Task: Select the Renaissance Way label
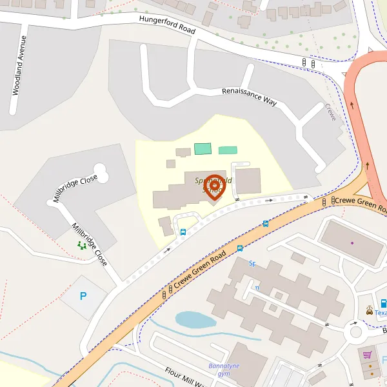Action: click(x=249, y=97)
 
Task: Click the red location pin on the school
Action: click(x=214, y=185)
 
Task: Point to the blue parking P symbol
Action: click(x=83, y=296)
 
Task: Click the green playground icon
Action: click(x=82, y=245)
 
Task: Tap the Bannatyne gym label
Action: click(x=224, y=370)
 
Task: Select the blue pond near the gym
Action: click(x=195, y=319)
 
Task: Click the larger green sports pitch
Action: click(x=203, y=148)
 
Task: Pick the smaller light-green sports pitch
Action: click(x=228, y=150)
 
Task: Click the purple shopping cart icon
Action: click(x=367, y=354)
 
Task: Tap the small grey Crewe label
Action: click(x=331, y=112)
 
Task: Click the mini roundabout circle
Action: click(x=354, y=333)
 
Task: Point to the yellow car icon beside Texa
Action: click(x=369, y=312)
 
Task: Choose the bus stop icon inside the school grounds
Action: click(x=183, y=232)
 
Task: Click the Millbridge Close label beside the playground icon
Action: click(x=90, y=244)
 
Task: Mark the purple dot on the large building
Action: click(x=352, y=243)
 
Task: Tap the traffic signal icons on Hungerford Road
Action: click(x=308, y=62)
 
